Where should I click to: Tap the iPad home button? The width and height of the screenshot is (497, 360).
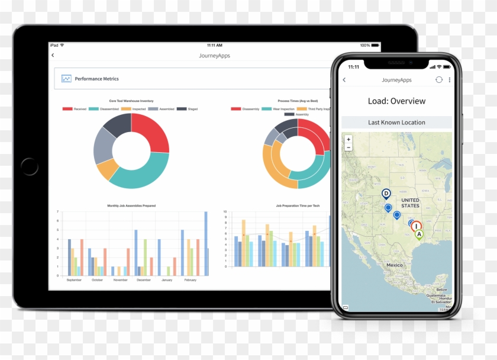[x=29, y=166]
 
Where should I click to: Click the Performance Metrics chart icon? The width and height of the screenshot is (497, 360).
[x=66, y=79]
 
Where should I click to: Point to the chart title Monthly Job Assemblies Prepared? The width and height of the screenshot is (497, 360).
[x=131, y=205]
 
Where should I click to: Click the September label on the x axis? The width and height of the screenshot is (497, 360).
[x=74, y=280]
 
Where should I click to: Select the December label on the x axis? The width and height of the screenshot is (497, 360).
[x=143, y=280]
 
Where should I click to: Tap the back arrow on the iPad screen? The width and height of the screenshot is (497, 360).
[x=53, y=56]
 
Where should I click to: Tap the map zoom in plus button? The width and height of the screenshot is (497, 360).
[x=348, y=140]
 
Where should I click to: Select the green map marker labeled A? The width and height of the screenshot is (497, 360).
[x=419, y=234]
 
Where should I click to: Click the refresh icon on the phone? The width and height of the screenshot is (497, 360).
[x=438, y=80]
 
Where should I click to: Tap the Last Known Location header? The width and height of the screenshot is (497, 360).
[x=396, y=123]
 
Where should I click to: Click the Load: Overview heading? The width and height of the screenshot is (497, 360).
[x=396, y=101]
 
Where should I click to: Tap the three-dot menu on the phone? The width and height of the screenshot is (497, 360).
[x=450, y=80]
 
